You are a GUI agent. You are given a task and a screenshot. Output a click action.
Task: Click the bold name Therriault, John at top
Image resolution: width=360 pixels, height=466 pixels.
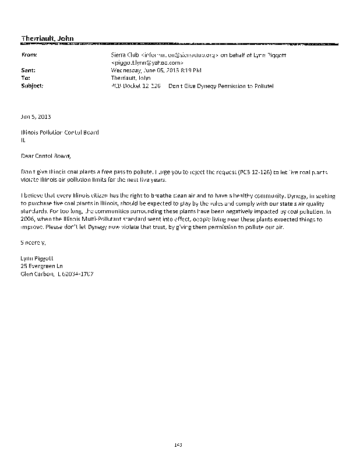pos(47,38)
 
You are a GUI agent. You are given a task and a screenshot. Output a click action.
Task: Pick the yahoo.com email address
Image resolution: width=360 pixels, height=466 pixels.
pos(147,61)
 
